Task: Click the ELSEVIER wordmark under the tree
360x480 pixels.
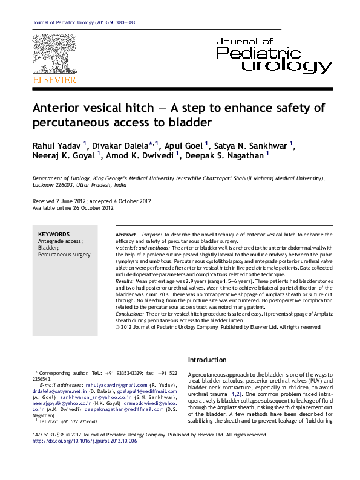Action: (x=54, y=80)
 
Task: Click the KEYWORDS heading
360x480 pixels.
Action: (x=54, y=234)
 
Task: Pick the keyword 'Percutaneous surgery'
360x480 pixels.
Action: (x=64, y=255)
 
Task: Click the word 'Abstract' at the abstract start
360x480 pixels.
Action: (x=125, y=234)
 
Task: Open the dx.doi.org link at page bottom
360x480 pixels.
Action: (x=85, y=441)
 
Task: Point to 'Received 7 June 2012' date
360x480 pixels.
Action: (x=61, y=201)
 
